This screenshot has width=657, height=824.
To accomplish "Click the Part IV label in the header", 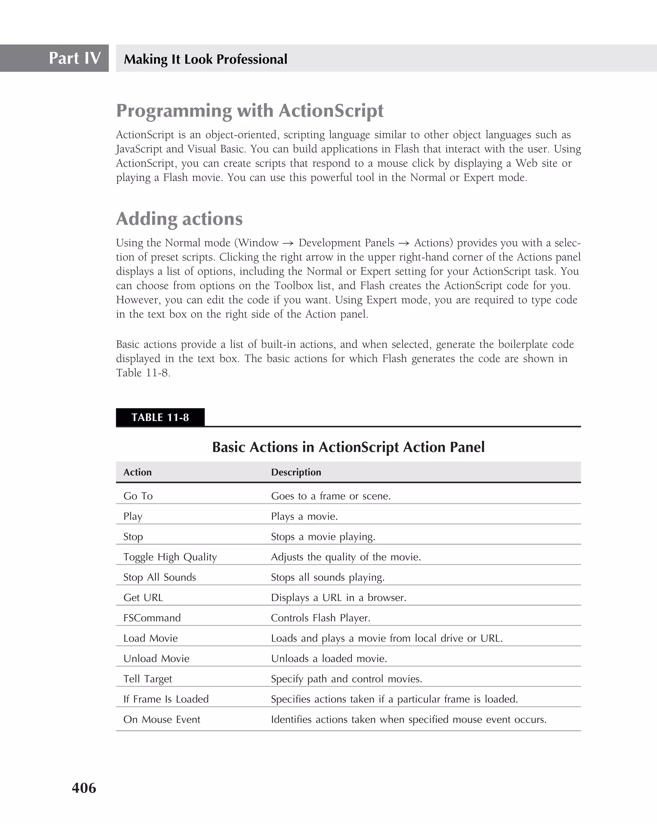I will pyautogui.click(x=74, y=58).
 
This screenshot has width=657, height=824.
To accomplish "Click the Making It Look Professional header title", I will pyautogui.click(x=205, y=59).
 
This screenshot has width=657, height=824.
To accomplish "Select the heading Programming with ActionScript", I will pyautogui.click(x=250, y=111).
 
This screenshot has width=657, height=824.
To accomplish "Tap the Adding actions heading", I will pyautogui.click(x=179, y=219).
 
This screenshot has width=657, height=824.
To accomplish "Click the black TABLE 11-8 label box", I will pyautogui.click(x=160, y=417).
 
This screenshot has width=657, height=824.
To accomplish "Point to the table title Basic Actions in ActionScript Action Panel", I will pyautogui.click(x=348, y=447).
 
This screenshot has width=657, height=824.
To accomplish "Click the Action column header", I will pyautogui.click(x=137, y=472).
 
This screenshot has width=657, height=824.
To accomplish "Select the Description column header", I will pyautogui.click(x=296, y=472).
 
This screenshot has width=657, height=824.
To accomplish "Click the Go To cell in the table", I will pyautogui.click(x=138, y=496).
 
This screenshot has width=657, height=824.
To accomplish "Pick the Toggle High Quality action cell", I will pyautogui.click(x=170, y=557).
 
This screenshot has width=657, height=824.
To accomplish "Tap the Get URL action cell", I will pyautogui.click(x=143, y=597).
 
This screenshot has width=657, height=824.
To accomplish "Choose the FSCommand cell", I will pyautogui.click(x=152, y=618).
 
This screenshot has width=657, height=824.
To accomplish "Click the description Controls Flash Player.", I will pyautogui.click(x=320, y=618).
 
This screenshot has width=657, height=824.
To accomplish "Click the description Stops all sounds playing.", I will pyautogui.click(x=328, y=577).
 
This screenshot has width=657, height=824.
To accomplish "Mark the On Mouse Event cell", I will pyautogui.click(x=161, y=719).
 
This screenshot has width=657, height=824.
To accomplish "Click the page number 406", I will pyautogui.click(x=84, y=788).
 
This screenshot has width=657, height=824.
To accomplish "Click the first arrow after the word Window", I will pyautogui.click(x=288, y=243).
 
